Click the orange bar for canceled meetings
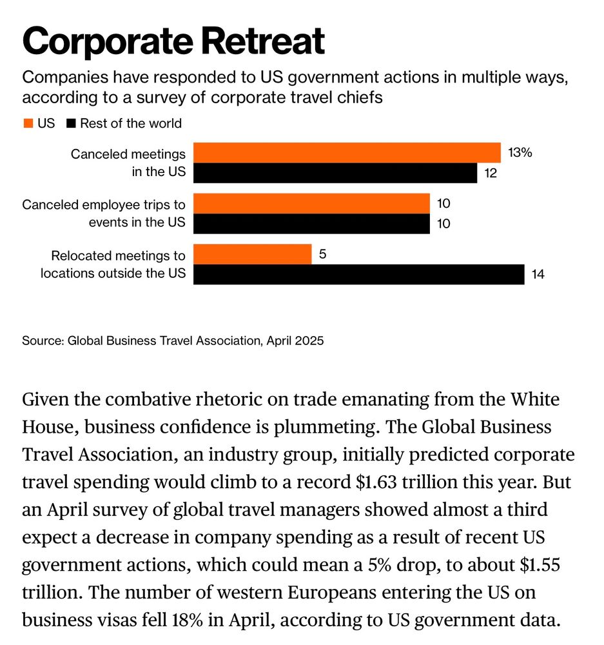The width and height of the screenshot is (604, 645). pos(347,153)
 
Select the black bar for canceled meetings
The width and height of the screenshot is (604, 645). pos(335,173)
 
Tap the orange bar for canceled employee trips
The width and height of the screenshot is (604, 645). pos(311,203)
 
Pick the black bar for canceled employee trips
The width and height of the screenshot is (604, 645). pos(311,223)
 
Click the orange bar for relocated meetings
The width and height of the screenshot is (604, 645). pos(252,254)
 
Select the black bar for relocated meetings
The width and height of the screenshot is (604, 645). pos(358,274)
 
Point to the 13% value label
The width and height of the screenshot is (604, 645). pos(520,153)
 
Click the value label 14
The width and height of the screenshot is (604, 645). pos(538,275)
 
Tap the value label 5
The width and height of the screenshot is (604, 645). pos(322,254)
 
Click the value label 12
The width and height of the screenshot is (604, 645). pos(491,174)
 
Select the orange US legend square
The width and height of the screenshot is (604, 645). pos(28,123)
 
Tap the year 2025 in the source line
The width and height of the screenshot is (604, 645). pos(309,341)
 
